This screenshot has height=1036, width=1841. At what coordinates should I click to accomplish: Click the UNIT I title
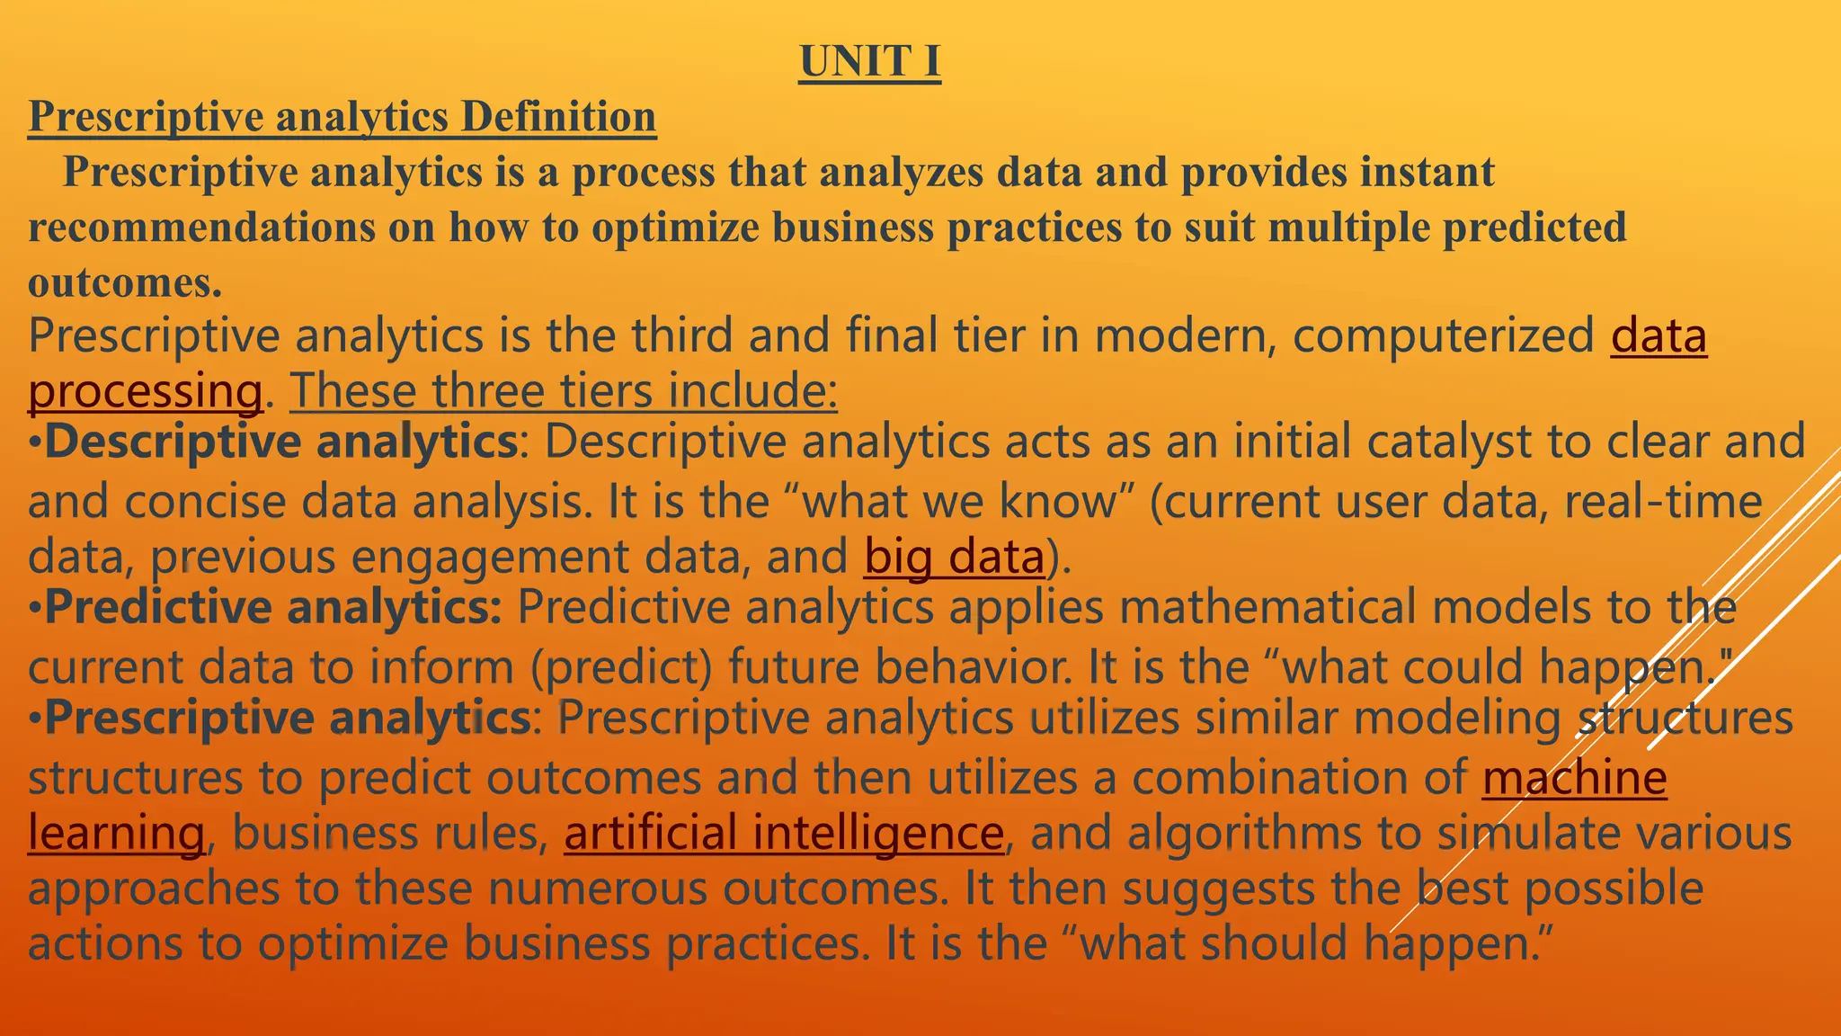869,62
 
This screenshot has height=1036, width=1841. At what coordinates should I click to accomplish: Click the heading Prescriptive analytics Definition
342,117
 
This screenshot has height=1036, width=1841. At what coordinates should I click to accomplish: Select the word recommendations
201,228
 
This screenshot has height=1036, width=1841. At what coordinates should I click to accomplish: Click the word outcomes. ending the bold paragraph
125,283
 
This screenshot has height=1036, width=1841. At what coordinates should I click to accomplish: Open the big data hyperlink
954,557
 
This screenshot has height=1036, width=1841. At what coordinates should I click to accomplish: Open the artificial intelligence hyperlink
783,833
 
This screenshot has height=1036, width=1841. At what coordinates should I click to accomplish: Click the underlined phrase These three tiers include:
564,391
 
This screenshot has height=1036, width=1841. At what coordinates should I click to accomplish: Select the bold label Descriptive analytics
280,442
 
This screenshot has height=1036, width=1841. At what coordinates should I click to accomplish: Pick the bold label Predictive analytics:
273,607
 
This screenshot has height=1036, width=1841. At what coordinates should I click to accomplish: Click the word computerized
1443,336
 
